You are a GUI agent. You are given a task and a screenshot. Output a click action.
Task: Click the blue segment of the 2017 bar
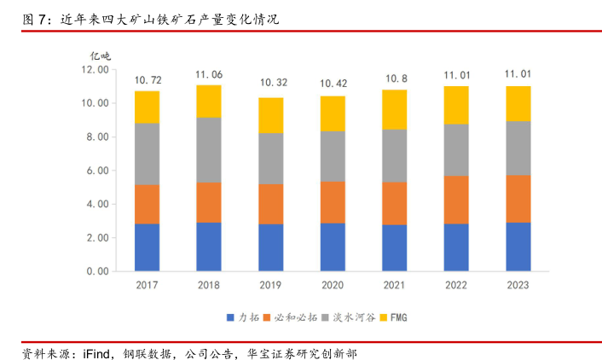147,247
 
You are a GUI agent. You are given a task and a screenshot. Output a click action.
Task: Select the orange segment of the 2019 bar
271,204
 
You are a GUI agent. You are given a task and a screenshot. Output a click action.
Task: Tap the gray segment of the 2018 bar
209,149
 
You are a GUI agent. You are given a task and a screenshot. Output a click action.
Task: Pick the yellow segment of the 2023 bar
518,103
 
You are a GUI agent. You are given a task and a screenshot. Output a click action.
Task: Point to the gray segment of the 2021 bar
395,155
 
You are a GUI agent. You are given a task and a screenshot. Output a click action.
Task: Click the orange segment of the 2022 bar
456,200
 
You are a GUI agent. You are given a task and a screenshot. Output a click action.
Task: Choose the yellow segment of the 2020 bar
333,113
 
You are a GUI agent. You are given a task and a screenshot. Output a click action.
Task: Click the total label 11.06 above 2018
209,75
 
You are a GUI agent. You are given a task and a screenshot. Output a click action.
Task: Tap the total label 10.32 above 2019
271,83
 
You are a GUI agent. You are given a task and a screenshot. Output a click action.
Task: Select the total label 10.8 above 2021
395,78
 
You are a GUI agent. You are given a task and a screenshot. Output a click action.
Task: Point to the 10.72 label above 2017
147,80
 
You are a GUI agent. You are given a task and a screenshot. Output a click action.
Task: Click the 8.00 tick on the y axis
96,136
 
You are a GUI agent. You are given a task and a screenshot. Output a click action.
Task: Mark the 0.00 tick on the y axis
96,271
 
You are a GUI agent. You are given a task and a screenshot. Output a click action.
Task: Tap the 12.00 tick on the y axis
95,69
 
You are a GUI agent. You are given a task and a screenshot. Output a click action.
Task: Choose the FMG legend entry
398,318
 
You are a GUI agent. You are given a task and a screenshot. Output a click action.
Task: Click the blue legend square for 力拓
230,318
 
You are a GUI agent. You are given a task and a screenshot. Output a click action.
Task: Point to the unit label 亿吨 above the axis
101,55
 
